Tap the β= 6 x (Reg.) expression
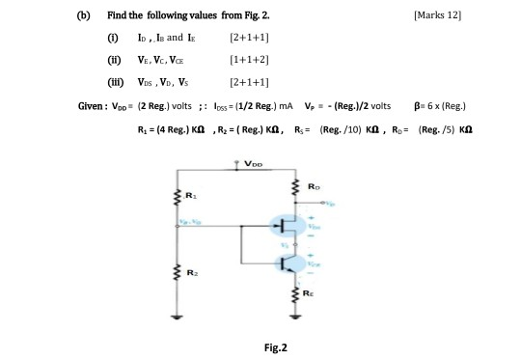pyautogui.click(x=441, y=104)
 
